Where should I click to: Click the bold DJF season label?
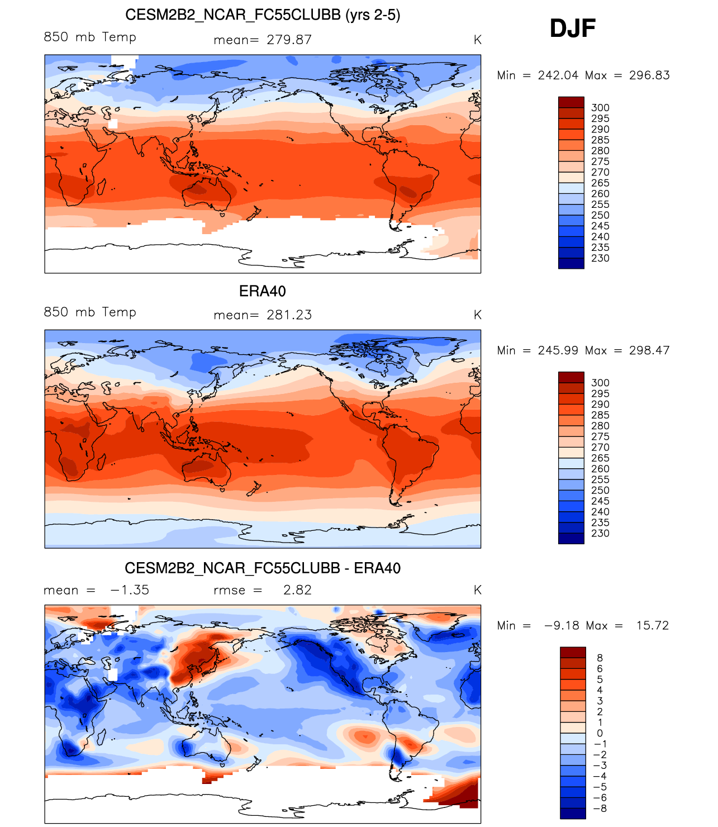(573, 28)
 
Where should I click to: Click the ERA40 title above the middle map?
(262, 291)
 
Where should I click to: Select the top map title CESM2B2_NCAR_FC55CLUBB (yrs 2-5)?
(263, 15)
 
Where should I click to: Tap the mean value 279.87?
(289, 40)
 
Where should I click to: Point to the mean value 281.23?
(289, 315)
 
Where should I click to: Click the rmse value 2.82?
(297, 590)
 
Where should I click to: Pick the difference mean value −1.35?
(130, 590)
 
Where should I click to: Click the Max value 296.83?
(649, 75)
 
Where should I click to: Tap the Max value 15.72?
(652, 625)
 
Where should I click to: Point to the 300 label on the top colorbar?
(600, 108)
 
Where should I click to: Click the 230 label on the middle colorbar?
(600, 533)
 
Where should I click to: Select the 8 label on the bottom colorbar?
(600, 658)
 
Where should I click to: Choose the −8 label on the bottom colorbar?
(600, 809)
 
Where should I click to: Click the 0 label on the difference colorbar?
(600, 733)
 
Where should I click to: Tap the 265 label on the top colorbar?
(600, 183)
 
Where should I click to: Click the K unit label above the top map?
(477, 40)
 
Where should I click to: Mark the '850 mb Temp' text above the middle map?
(90, 312)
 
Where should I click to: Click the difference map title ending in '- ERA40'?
(263, 568)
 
